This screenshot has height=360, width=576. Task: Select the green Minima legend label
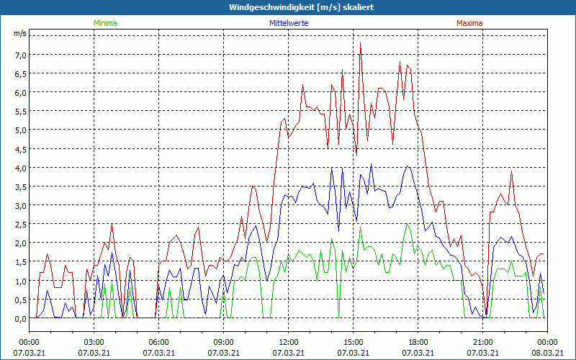pyautogui.click(x=105, y=23)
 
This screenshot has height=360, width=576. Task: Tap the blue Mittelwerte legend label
pyautogui.click(x=289, y=23)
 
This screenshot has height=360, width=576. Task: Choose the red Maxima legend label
pyautogui.click(x=469, y=23)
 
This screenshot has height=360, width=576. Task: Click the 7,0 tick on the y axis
pyautogui.click(x=19, y=55)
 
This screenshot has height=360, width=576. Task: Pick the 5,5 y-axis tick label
pyautogui.click(x=19, y=111)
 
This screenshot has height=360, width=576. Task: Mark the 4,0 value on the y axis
pyautogui.click(x=19, y=168)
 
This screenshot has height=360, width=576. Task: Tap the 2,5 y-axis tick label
pyautogui.click(x=19, y=224)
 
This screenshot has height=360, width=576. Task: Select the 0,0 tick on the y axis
pyautogui.click(x=19, y=318)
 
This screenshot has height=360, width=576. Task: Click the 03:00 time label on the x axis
pyautogui.click(x=94, y=342)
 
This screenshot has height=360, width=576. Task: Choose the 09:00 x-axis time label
pyautogui.click(x=223, y=342)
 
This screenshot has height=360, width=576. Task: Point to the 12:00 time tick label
pyautogui.click(x=288, y=342)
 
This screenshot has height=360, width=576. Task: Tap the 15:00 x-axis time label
pyautogui.click(x=353, y=342)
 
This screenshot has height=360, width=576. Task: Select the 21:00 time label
pyautogui.click(x=482, y=342)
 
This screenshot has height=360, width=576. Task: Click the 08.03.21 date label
pyautogui.click(x=547, y=353)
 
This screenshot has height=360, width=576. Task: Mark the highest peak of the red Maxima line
pyautogui.click(x=360, y=43)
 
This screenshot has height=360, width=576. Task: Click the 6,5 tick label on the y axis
pyautogui.click(x=19, y=73)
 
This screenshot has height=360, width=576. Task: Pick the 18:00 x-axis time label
pyautogui.click(x=418, y=342)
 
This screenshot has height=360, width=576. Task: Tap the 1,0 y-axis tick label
pyautogui.click(x=19, y=281)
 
